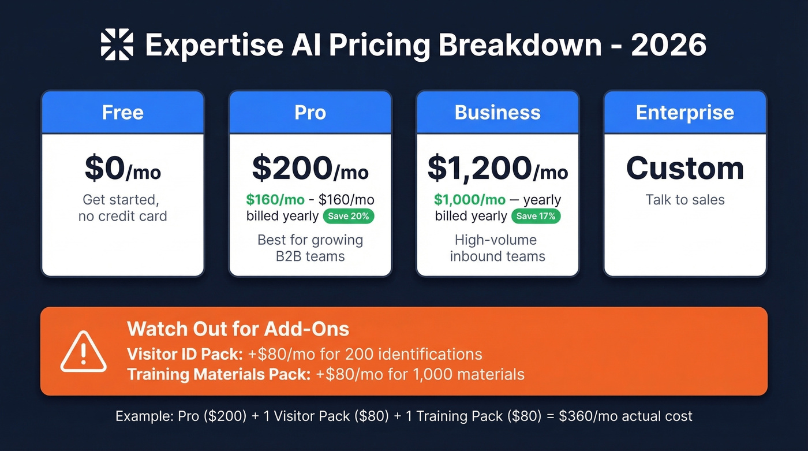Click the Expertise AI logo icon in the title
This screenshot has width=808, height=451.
pyautogui.click(x=117, y=45)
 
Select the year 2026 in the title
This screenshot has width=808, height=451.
pyautogui.click(x=669, y=45)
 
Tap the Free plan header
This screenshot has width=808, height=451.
pyautogui.click(x=123, y=112)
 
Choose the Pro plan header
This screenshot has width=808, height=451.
pyautogui.click(x=310, y=112)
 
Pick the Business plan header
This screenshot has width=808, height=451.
pyautogui.click(x=497, y=112)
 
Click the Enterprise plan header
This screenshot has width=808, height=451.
pyautogui.click(x=685, y=112)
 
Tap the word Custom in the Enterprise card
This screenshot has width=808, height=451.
pyautogui.click(x=685, y=168)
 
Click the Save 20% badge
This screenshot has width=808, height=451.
pyautogui.click(x=349, y=217)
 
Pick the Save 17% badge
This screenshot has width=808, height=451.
pyautogui.click(x=536, y=217)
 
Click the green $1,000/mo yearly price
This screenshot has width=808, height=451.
pyautogui.click(x=470, y=200)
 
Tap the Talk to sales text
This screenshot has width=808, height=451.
pyautogui.click(x=685, y=200)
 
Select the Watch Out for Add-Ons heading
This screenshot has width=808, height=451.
pyautogui.click(x=238, y=329)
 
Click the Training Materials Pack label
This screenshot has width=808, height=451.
pyautogui.click(x=219, y=374)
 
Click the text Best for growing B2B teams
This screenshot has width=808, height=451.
pyautogui.click(x=310, y=248)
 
